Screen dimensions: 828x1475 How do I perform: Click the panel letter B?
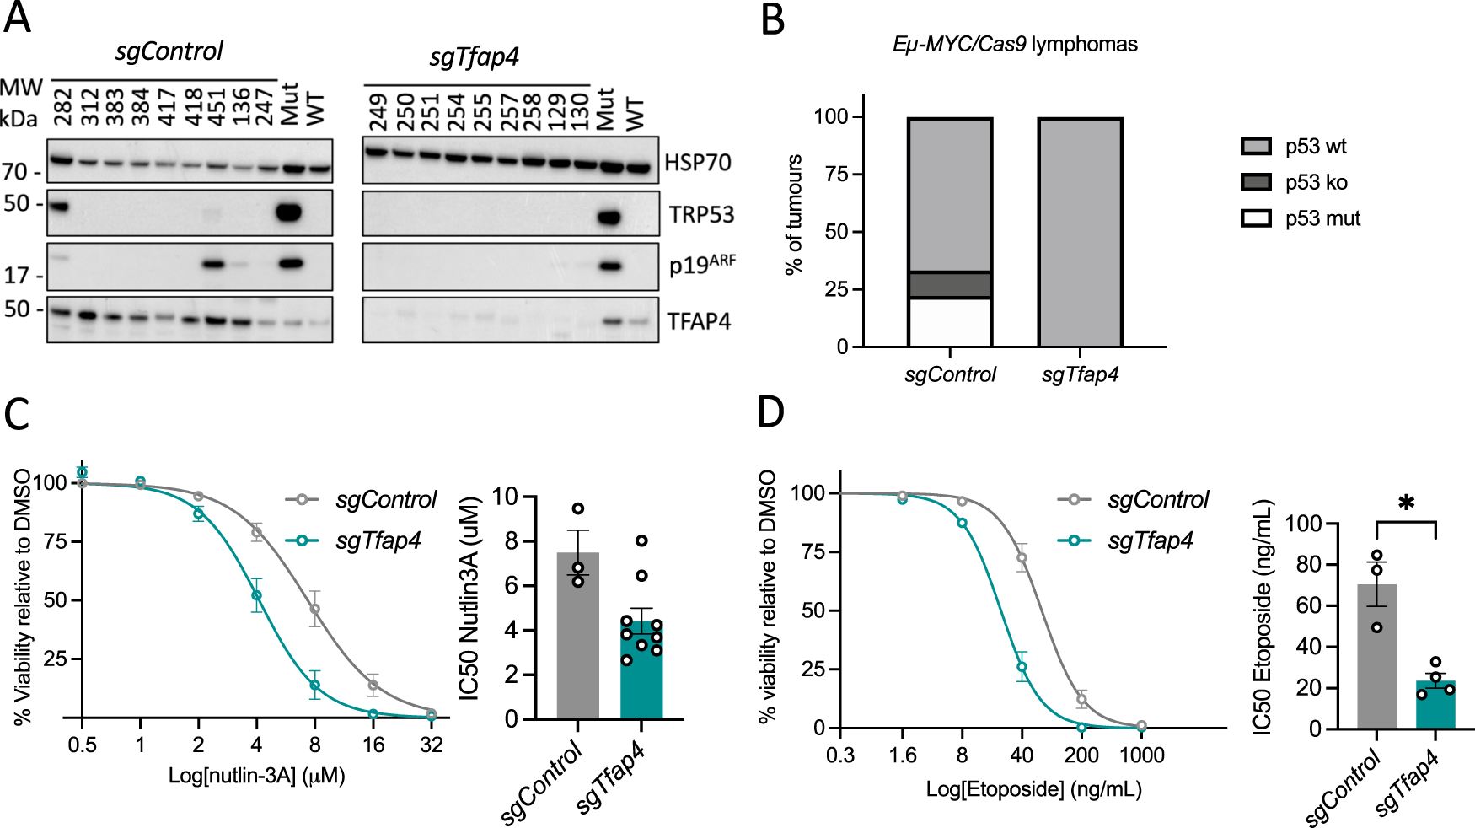tap(773, 20)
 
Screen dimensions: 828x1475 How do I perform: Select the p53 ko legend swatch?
tap(1256, 182)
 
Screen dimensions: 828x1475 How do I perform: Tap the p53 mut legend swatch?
tap(1256, 218)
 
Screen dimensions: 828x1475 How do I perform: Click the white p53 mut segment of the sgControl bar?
tap(950, 322)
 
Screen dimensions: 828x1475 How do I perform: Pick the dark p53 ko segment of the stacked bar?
tap(950, 285)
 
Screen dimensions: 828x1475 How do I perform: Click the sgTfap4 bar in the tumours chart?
tap(1080, 232)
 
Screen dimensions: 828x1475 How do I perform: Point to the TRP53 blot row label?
tap(701, 215)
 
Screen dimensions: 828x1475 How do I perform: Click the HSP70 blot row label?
tap(698, 163)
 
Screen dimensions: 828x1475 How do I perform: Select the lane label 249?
tap(378, 112)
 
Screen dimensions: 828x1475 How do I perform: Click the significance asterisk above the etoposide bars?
tap(1406, 504)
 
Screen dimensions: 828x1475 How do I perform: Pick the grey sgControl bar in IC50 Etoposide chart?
tap(1376, 666)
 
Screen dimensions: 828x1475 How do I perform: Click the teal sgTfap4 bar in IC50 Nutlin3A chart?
tap(641, 675)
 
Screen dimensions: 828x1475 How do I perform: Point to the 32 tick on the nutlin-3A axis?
tap(432, 745)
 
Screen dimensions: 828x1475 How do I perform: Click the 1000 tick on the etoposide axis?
tap(1141, 755)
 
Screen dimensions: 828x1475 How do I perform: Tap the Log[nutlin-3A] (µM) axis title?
tap(257, 776)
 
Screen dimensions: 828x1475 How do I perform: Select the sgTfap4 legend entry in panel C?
tap(377, 540)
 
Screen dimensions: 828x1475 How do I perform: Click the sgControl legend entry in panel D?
tap(1157, 500)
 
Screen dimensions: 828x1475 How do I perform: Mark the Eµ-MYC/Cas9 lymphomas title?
tap(1015, 44)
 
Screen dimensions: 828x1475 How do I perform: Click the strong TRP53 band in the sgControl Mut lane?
tap(289, 212)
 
